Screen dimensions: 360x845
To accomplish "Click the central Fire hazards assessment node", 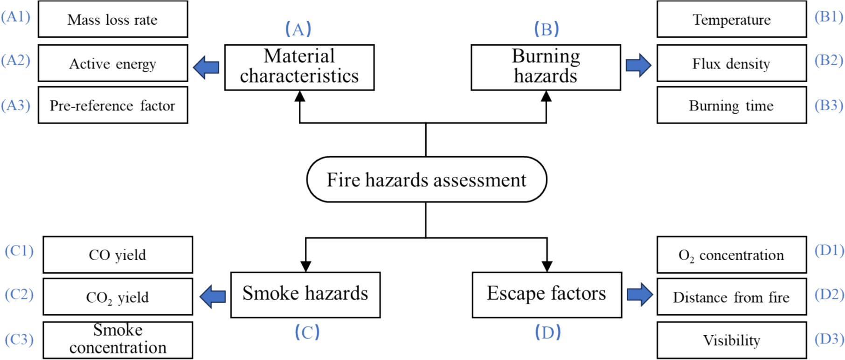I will coord(426,180).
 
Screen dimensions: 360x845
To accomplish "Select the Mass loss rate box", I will coord(113,20).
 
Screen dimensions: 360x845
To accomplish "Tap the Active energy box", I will coord(113,63).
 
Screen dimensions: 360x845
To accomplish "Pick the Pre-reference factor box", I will coord(113,105).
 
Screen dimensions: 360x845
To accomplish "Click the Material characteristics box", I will coord(299,67).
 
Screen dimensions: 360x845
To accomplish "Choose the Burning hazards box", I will coord(546,67).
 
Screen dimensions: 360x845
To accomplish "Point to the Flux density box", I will coord(731,63).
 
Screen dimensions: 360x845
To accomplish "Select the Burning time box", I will coord(731,105).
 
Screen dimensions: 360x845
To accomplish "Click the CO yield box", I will coord(118,255).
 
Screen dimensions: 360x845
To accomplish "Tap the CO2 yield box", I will coord(118,297).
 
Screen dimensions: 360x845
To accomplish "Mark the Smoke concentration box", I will coord(118,339).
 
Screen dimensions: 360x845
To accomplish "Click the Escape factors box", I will coord(547,294).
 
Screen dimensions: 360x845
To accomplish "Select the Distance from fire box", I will coord(731,297).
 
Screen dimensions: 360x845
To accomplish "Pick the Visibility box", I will coord(731,340).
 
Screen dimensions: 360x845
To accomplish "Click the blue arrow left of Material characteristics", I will coord(206,67).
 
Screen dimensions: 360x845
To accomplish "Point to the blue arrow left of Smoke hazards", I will coord(213,296).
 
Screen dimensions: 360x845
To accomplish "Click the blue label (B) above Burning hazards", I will coord(546,29).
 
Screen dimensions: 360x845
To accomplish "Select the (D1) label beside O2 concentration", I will coord(829,250).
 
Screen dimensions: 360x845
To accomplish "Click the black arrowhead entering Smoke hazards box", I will coord(305,266).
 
